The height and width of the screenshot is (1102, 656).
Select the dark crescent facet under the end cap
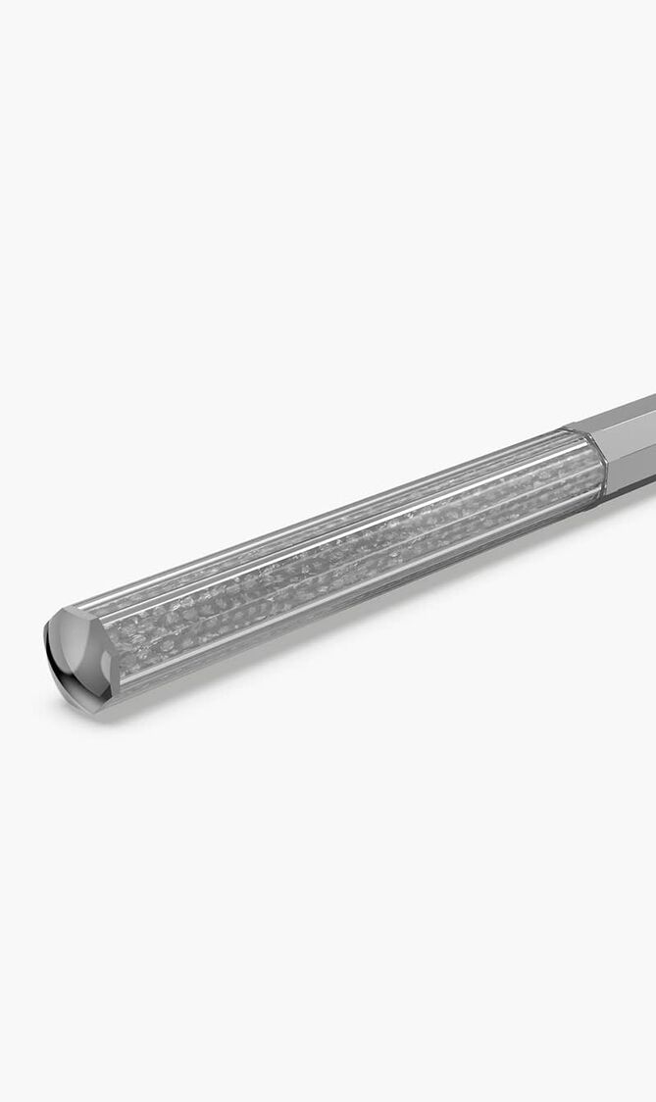pos(67,681)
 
